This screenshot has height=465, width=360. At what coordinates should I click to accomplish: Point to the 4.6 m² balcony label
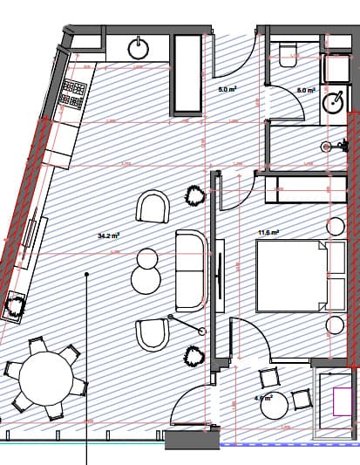(x=263, y=398)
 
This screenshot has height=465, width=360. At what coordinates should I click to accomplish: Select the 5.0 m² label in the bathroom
(x=305, y=90)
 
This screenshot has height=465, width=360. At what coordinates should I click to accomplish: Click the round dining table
(x=46, y=378)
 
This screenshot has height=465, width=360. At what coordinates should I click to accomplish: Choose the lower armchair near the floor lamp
(x=153, y=336)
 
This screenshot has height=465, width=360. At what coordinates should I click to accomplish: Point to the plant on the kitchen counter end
(x=14, y=306)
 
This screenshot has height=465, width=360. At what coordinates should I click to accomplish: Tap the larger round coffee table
(x=146, y=279)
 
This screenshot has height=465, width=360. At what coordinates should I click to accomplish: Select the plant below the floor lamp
(x=193, y=356)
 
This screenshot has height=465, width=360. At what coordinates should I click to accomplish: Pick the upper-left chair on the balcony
(x=268, y=380)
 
